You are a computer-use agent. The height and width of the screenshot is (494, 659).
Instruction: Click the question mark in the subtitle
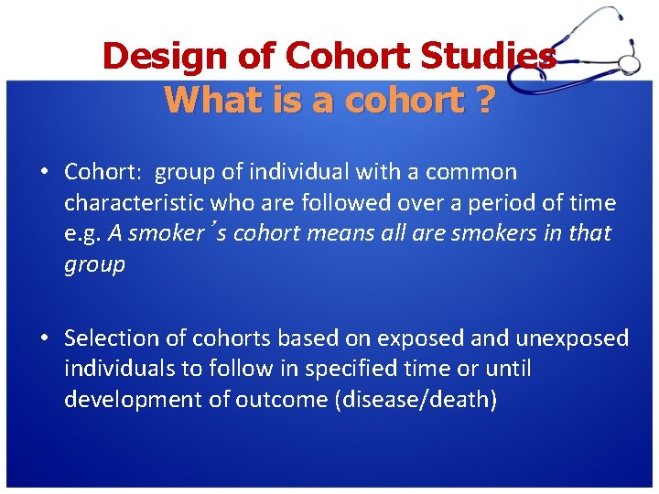click(x=482, y=100)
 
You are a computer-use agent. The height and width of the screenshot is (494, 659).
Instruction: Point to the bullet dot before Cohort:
click(x=44, y=172)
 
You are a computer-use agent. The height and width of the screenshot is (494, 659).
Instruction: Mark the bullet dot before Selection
click(x=44, y=338)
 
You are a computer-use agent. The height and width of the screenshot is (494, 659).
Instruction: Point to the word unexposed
click(x=572, y=338)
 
